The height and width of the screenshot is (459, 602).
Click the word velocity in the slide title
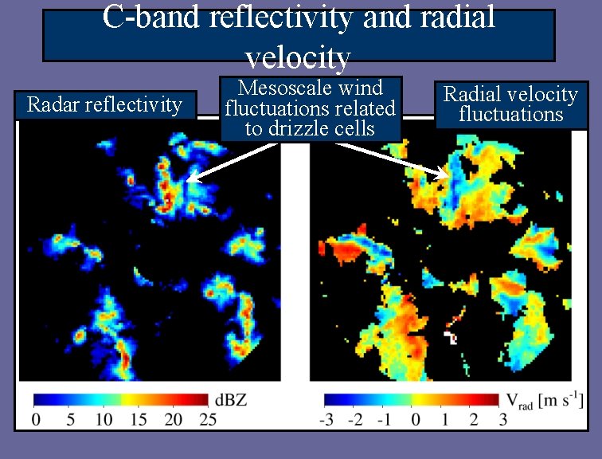pos(298,57)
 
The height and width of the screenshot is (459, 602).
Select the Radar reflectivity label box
pos(105,105)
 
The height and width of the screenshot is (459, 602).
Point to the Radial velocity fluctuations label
pos(510,104)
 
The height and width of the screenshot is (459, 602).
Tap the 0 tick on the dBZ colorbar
pos(35,420)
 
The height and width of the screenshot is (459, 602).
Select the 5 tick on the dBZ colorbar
pos(70,420)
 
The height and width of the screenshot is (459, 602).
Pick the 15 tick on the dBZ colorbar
pos(139,420)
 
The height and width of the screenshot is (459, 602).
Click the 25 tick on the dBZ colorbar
pos(208,420)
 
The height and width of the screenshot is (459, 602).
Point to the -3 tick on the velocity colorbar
pos(326,420)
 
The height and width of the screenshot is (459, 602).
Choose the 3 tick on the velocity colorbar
pos(502,420)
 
